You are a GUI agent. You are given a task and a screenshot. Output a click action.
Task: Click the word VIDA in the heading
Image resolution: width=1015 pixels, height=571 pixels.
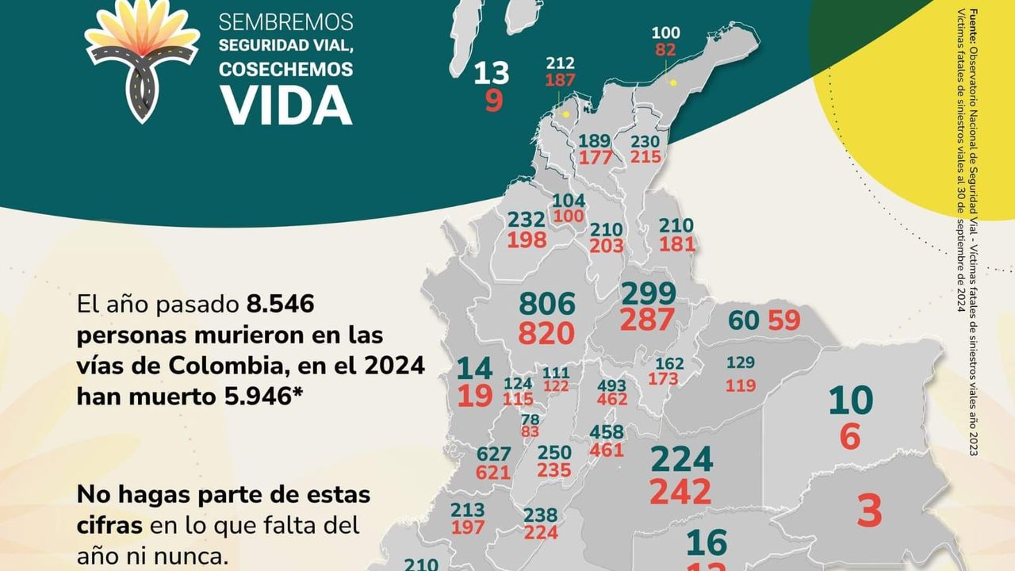click(286, 104)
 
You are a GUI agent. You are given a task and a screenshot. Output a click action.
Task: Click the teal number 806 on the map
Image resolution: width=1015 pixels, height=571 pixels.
click(546, 305)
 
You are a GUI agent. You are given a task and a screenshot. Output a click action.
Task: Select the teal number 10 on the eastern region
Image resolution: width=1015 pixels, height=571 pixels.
click(850, 401)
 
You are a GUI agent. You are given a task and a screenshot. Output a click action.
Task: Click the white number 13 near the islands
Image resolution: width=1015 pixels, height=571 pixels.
click(491, 74)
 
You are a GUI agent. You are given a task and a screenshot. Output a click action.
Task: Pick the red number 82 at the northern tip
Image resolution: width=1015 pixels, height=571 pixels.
click(665, 50)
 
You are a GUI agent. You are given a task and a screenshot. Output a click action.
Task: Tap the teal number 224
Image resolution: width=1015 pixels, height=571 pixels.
click(681, 459)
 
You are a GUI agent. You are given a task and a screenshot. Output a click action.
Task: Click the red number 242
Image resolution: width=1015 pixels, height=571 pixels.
click(680, 492)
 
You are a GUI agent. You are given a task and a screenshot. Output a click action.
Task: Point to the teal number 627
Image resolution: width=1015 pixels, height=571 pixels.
click(494, 455)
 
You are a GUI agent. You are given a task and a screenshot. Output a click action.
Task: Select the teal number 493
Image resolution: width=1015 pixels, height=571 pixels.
click(611, 386)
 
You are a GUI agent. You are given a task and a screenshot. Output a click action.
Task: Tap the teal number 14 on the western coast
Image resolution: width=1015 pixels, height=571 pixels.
click(475, 368)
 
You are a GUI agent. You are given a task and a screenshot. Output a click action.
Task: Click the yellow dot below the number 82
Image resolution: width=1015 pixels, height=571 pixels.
click(673, 82)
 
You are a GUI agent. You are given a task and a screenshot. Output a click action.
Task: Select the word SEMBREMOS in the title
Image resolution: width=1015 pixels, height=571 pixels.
click(286, 21)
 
